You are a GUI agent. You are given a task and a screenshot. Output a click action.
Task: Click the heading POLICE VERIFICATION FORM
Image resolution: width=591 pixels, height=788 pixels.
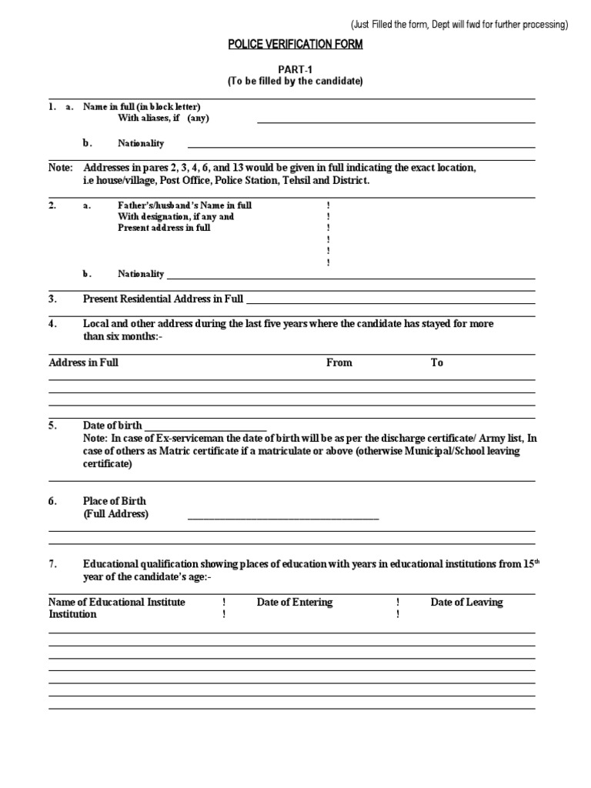click(x=295, y=45)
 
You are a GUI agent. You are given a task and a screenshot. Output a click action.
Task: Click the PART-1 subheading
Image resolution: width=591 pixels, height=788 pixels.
click(x=295, y=68)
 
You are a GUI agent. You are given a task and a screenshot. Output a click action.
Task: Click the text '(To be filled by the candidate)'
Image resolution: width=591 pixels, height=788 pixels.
click(x=295, y=81)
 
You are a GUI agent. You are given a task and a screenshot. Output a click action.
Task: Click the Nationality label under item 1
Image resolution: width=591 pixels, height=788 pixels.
click(x=141, y=143)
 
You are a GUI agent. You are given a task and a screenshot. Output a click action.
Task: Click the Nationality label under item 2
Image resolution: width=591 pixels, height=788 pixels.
click(x=141, y=273)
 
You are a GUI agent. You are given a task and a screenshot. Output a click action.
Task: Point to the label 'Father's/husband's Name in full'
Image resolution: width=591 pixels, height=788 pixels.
click(x=185, y=205)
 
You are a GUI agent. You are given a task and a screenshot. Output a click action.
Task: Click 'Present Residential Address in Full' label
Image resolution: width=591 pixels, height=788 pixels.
click(x=163, y=298)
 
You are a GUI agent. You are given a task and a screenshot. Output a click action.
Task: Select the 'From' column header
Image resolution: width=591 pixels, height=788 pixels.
click(x=339, y=362)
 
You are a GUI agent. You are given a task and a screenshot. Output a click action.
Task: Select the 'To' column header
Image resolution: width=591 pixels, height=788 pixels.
click(x=436, y=362)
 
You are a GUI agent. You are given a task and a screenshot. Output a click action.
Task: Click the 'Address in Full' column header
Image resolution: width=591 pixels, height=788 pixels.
click(x=83, y=362)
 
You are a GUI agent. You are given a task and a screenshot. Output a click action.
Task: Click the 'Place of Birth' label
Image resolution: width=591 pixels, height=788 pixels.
click(x=115, y=501)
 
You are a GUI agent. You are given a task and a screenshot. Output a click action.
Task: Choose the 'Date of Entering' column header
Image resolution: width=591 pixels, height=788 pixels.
click(x=295, y=602)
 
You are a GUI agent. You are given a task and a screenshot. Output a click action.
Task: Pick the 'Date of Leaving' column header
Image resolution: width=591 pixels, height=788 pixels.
click(x=466, y=602)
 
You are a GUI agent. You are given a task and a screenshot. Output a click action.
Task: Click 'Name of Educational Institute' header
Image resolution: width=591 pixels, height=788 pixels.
click(x=117, y=602)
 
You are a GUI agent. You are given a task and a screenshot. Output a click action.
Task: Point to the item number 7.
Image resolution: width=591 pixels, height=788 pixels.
click(x=53, y=564)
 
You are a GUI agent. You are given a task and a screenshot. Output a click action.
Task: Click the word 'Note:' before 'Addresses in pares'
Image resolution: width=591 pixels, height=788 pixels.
click(x=61, y=168)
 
